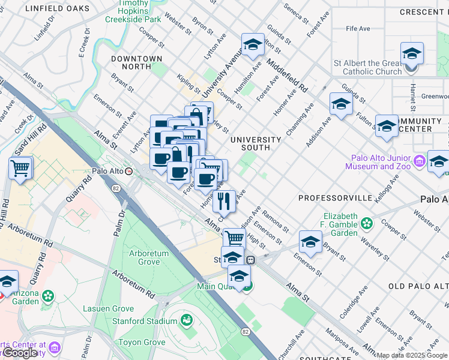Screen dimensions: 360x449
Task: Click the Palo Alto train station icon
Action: (128, 171)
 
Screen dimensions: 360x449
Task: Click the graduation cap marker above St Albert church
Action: (412, 55)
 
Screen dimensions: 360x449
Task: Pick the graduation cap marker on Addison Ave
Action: (341, 104)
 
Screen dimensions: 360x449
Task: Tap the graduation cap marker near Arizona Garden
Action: (7, 281)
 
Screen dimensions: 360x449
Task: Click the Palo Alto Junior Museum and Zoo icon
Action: (419, 160)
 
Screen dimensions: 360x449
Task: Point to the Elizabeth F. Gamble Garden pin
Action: (366, 224)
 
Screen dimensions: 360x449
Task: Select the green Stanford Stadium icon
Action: (187, 319)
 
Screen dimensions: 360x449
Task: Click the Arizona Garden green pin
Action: (48, 296)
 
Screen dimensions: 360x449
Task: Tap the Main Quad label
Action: (215, 286)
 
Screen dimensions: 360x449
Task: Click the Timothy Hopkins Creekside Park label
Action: (133, 11)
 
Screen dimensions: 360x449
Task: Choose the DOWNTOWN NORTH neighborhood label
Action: (136, 62)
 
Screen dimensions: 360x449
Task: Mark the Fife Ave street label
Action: (358, 28)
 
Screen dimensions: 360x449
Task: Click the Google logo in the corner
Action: (20, 353)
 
